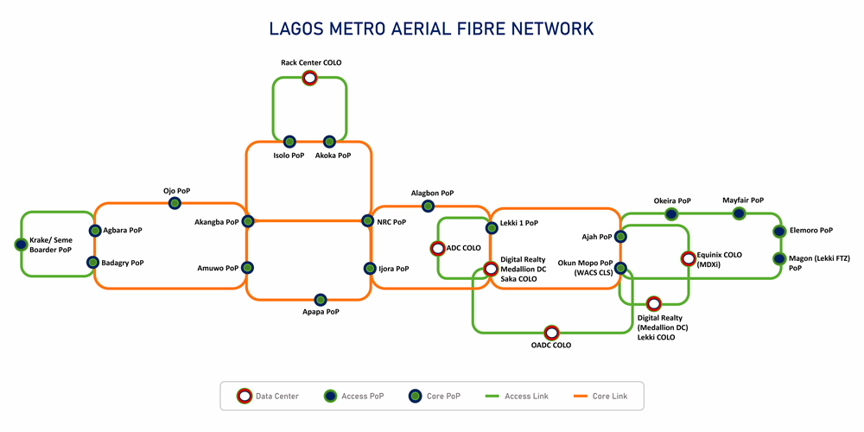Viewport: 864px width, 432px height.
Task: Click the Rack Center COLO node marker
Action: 309,78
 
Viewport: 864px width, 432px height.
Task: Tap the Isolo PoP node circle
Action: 289,142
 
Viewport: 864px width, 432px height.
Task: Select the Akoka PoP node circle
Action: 329,142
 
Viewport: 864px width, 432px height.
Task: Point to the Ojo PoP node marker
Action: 175,203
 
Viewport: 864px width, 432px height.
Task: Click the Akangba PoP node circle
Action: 248,221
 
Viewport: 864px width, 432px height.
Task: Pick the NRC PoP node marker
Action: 369,221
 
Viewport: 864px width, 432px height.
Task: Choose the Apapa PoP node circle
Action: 321,299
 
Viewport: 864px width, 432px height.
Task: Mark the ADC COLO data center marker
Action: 437,248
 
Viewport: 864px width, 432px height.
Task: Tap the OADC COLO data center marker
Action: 551,332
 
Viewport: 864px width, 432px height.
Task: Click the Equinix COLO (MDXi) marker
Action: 688,258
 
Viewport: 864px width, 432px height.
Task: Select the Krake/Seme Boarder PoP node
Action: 21,245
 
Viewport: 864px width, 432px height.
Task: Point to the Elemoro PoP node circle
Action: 780,231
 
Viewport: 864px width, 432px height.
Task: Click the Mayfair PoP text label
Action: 743,200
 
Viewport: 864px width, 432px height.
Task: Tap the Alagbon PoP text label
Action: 432,194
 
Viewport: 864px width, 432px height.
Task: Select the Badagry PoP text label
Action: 123,263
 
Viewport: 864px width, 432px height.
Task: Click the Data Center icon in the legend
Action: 244,397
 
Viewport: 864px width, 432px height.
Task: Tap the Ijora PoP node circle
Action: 369,268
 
